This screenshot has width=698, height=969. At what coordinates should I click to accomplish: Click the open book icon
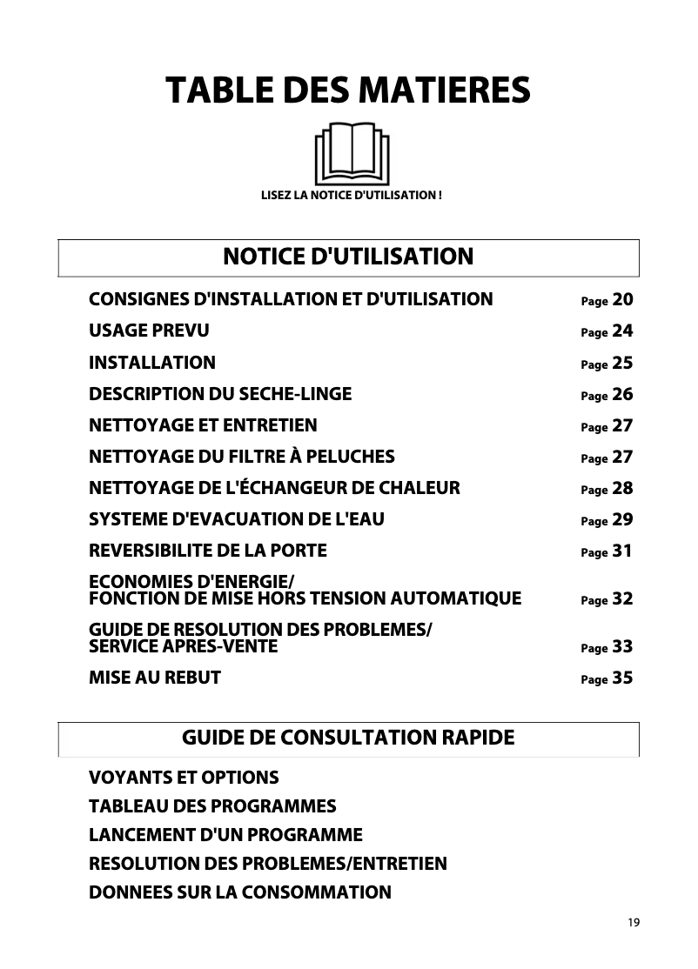[352, 153]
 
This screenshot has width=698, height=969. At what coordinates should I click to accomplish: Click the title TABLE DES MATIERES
[348, 90]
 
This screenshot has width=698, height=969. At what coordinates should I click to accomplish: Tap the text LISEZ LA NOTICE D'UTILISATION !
[352, 194]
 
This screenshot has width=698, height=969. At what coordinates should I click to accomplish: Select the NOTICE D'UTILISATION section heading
[348, 257]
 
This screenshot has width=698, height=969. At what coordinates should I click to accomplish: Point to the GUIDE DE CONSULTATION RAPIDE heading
[348, 738]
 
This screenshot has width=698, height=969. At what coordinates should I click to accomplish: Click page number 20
[622, 300]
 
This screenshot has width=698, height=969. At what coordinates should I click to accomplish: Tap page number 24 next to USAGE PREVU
[622, 331]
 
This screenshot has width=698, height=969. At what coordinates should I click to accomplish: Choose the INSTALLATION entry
[152, 363]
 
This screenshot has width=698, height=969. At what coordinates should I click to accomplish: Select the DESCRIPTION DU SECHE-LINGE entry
[220, 394]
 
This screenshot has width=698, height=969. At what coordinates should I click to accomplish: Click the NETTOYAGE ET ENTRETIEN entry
[203, 425]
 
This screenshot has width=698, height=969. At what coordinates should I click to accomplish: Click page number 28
[622, 489]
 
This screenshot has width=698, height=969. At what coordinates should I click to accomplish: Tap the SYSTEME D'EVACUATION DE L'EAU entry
[237, 520]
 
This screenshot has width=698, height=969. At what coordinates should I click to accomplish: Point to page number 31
[622, 551]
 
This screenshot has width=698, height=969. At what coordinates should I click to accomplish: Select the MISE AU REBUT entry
[155, 678]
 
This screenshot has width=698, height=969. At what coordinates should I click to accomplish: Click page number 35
[622, 678]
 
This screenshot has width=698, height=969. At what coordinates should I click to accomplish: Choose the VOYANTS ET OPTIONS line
[184, 777]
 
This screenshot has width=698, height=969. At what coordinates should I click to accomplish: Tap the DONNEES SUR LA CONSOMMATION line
[240, 892]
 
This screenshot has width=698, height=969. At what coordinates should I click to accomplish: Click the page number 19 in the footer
[633, 923]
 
